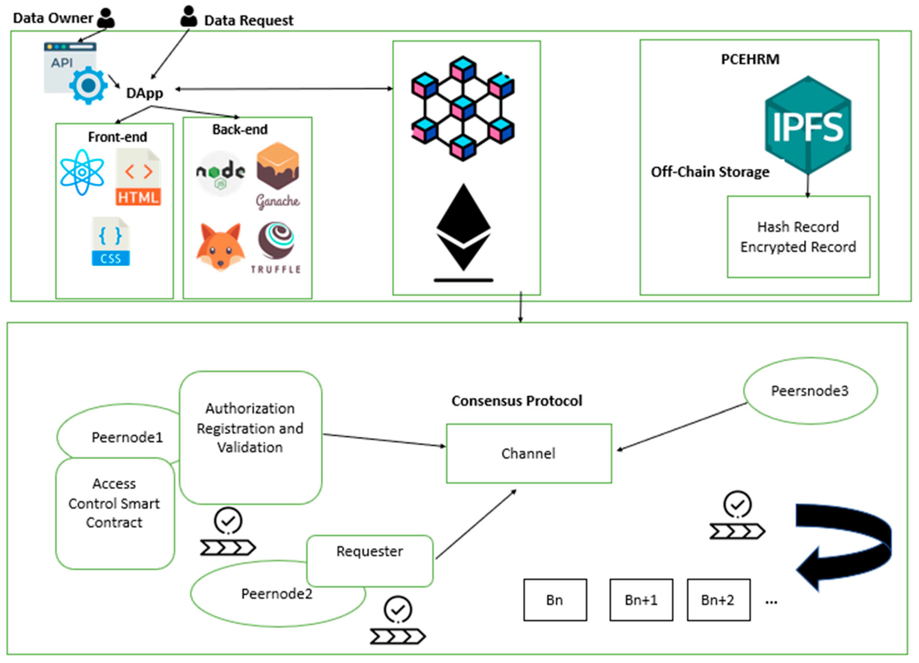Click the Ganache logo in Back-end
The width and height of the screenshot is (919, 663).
click(278, 174)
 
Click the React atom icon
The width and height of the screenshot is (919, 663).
click(82, 172)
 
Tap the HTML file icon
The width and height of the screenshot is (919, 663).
click(138, 177)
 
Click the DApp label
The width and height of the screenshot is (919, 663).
click(145, 93)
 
